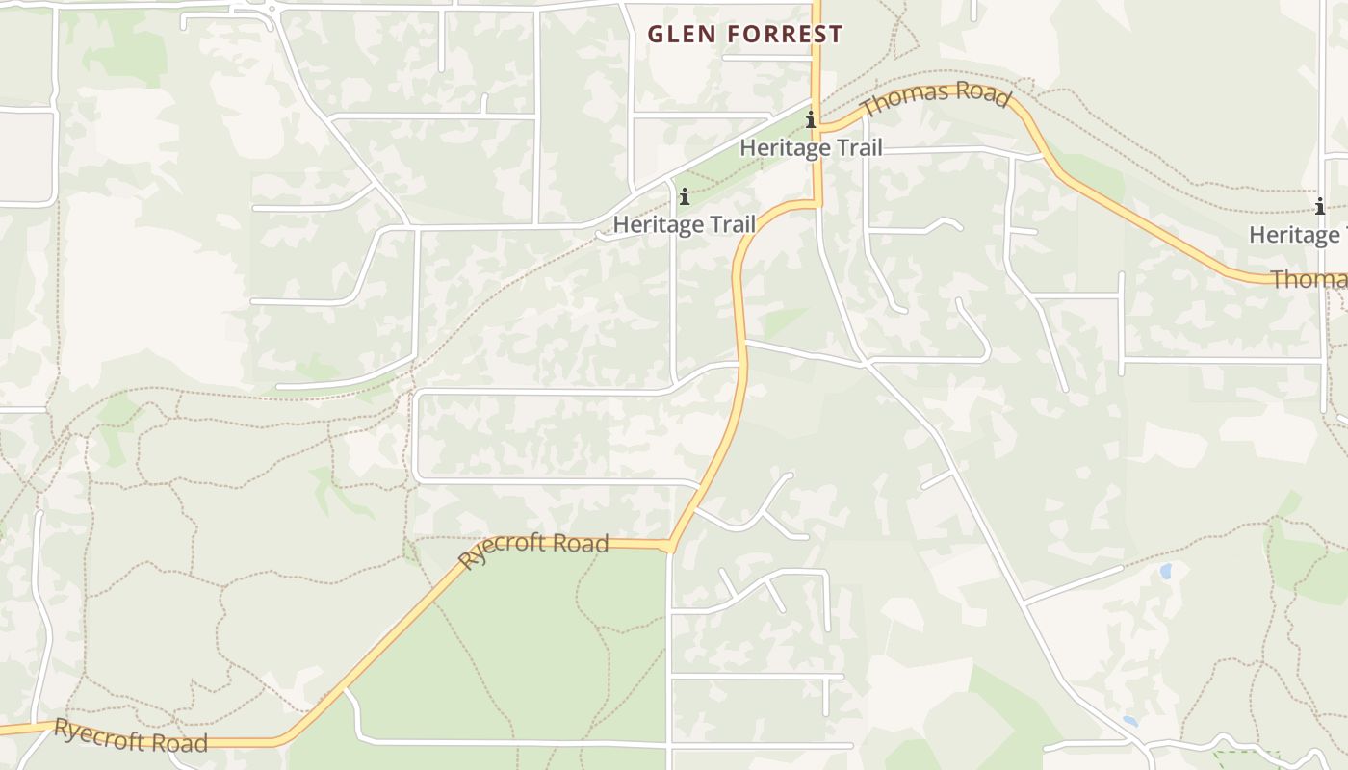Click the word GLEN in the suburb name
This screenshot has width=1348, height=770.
680,35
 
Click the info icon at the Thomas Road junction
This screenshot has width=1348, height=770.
811,120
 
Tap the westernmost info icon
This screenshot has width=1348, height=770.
685,197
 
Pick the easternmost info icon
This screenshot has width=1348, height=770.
1319,206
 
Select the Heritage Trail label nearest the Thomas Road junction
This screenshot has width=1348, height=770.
811,148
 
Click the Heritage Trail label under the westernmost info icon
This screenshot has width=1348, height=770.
684,224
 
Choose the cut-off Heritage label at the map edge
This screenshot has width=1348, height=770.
1298,234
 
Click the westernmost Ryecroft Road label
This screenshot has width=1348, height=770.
130,736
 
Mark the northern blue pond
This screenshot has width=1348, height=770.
1166,571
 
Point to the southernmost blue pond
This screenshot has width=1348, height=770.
1130,720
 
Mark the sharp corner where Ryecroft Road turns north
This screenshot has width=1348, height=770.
669,547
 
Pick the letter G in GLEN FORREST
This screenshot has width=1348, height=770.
655,35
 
